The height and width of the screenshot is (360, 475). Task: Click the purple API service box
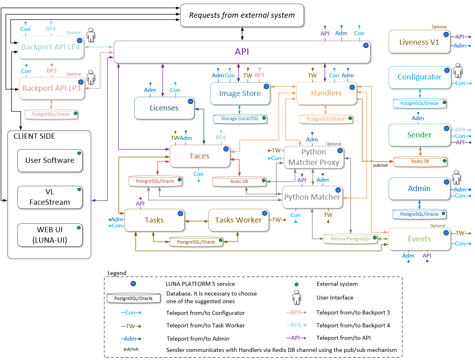(242, 52)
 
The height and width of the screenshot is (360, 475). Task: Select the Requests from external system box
(242, 15)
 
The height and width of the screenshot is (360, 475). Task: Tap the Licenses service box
(164, 108)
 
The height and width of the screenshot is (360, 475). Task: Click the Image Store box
(240, 94)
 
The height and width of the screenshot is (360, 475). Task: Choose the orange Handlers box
(327, 93)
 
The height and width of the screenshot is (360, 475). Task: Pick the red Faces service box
(200, 156)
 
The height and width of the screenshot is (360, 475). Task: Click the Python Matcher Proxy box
(314, 157)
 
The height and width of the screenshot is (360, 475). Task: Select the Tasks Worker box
(238, 220)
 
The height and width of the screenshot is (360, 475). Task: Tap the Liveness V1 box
(419, 42)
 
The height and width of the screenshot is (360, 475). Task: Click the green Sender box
(419, 135)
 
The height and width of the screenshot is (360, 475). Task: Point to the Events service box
(419, 239)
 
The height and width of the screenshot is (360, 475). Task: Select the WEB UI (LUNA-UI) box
(50, 235)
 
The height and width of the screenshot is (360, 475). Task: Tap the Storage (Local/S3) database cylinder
(240, 119)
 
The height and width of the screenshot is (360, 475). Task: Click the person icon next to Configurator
(457, 70)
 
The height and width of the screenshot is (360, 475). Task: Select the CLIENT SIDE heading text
(34, 136)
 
